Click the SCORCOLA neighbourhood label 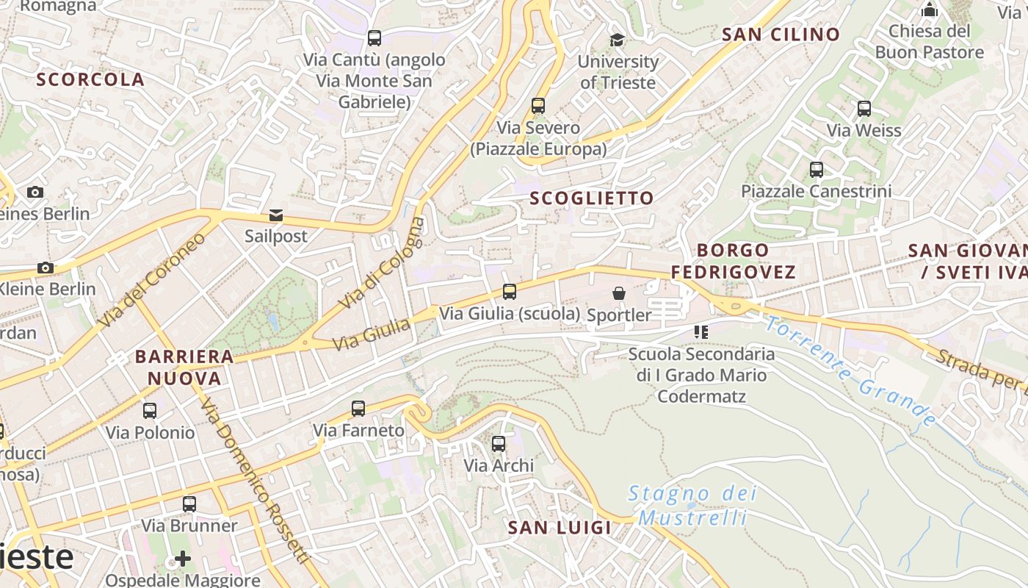pyautogui.click(x=90, y=79)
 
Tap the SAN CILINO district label pyautogui.click(x=781, y=35)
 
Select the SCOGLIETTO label pyautogui.click(x=591, y=198)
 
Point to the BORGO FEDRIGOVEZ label pyautogui.click(x=733, y=261)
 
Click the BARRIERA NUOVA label pyautogui.click(x=184, y=367)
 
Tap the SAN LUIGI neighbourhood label pyautogui.click(x=560, y=527)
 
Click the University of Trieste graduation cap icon pyautogui.click(x=617, y=40)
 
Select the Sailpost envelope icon pyautogui.click(x=276, y=215)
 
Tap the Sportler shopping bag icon pyautogui.click(x=619, y=293)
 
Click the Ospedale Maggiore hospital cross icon pyautogui.click(x=183, y=559)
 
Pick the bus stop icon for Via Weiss pyautogui.click(x=864, y=109)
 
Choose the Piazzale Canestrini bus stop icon pyautogui.click(x=816, y=170)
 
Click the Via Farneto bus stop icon pyautogui.click(x=358, y=409)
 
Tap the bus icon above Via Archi pyautogui.click(x=499, y=444)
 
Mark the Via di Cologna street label pyautogui.click(x=382, y=263)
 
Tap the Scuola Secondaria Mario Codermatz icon pyautogui.click(x=701, y=332)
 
